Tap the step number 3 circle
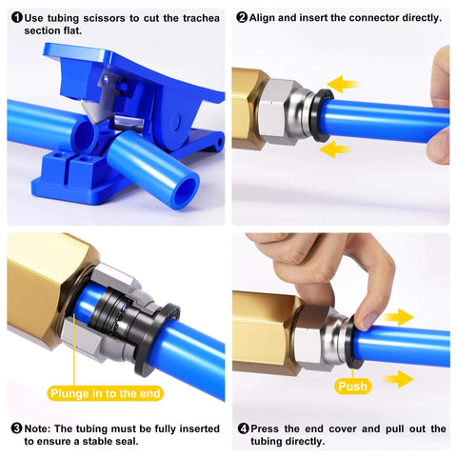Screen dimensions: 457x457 pyautogui.click(x=15, y=428)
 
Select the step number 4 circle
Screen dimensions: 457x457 pyautogui.click(x=242, y=428)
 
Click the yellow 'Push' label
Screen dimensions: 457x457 pyautogui.click(x=352, y=387)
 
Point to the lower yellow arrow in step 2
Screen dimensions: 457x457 pyautogui.click(x=335, y=149)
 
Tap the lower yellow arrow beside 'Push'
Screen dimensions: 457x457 pyautogui.click(x=397, y=380)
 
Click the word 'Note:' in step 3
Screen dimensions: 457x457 pyautogui.click(x=43, y=428)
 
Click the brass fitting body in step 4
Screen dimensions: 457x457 pyautogui.click(x=268, y=333)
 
